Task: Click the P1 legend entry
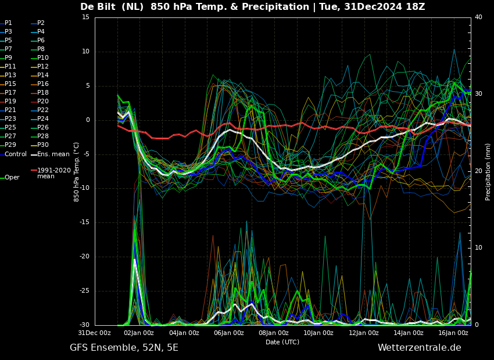[x=6, y=23]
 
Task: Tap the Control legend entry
[x=13, y=154]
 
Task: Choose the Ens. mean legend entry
[x=51, y=154]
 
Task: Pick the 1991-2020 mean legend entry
[x=51, y=173]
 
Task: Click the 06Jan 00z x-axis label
[x=229, y=333]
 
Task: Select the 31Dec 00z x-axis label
[x=95, y=333]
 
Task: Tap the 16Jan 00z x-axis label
[x=453, y=333]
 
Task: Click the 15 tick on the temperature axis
[x=85, y=17]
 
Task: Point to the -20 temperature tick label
[x=84, y=257]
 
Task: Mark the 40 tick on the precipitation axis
[x=478, y=17]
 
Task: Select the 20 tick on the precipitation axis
[x=478, y=171]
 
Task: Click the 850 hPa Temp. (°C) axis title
[x=76, y=172]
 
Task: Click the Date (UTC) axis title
[x=282, y=342]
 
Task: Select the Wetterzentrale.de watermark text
[x=420, y=348]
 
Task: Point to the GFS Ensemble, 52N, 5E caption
[x=124, y=348]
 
